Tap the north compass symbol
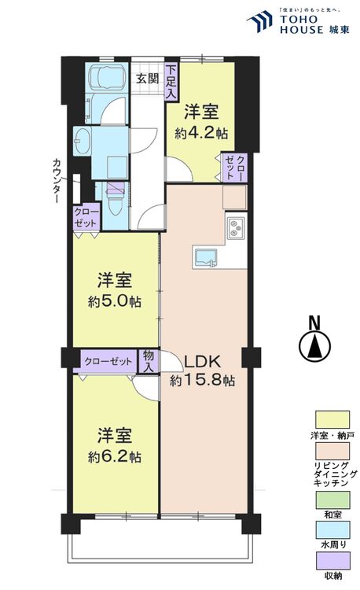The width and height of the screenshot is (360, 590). click(x=314, y=344)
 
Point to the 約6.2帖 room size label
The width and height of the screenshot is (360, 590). click(x=114, y=456)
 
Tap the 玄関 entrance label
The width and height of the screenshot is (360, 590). click(x=147, y=79)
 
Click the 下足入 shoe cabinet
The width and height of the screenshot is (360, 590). click(x=171, y=81)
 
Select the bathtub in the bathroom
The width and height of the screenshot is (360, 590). click(x=107, y=79)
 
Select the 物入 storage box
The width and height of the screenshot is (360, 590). click(x=148, y=361)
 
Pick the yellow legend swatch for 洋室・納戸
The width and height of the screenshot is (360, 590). click(x=332, y=420)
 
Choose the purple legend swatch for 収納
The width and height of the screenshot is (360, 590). click(x=332, y=561)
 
